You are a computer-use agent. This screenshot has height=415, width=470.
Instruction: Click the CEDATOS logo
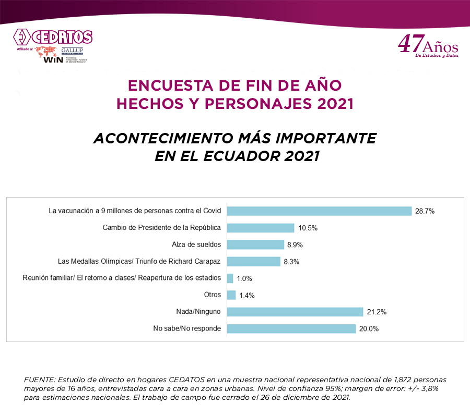52,38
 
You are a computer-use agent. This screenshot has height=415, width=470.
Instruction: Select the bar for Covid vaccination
320,211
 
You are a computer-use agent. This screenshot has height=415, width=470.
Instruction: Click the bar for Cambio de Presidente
261,228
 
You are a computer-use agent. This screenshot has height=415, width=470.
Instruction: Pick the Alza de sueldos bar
256,245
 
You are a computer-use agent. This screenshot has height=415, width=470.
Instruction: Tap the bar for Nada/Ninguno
295,312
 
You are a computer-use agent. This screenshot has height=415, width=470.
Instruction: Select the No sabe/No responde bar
291,328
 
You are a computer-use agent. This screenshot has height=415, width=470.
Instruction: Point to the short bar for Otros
231,295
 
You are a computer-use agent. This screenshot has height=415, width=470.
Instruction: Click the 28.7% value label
425,212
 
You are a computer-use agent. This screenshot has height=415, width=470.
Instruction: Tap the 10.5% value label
308,228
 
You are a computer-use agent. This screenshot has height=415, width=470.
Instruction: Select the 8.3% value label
291,262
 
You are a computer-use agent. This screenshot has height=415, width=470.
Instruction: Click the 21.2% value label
375,312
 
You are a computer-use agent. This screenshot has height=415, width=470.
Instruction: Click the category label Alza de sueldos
196,245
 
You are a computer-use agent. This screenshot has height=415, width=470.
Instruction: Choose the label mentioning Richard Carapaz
139,261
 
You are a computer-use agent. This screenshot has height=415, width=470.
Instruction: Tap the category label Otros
213,295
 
